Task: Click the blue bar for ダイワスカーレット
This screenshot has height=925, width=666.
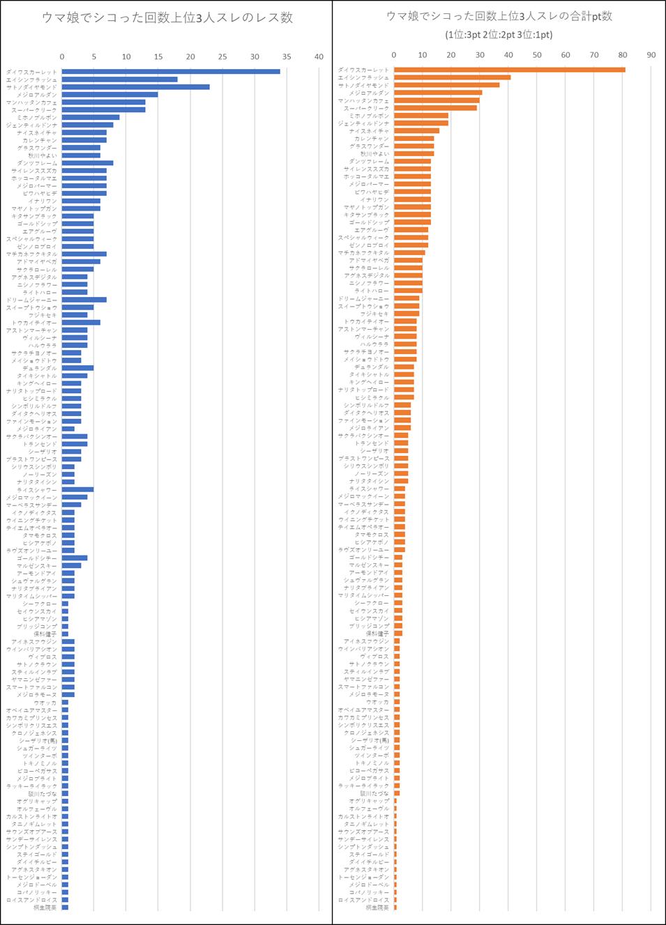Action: [x=171, y=72]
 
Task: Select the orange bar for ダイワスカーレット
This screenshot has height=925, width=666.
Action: [x=509, y=70]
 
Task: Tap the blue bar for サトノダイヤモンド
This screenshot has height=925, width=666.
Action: [x=135, y=87]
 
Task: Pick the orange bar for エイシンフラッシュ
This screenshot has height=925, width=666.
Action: [x=452, y=77]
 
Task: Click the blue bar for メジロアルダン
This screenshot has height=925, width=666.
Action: [x=109, y=95]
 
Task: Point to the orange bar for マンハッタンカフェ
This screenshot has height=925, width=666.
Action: [x=437, y=100]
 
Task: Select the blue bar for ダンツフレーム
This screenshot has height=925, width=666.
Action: [x=87, y=163]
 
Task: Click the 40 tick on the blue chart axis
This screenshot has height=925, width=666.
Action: [x=319, y=56]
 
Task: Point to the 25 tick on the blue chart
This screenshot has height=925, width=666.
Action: [x=222, y=56]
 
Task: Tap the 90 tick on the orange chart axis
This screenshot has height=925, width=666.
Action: [x=651, y=55]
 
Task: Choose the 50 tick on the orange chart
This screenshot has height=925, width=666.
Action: [x=537, y=55]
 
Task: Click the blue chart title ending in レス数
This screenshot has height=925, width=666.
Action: [x=167, y=18]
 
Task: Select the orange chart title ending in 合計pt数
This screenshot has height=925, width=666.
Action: [x=499, y=16]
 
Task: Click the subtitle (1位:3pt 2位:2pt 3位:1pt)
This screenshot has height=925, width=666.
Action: [x=499, y=35]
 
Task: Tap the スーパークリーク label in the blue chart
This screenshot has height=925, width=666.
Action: [x=34, y=110]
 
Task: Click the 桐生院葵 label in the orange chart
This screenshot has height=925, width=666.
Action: [x=377, y=908]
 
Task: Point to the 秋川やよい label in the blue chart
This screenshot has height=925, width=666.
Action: [x=43, y=155]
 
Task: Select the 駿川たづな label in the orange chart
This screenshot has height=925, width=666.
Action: [x=374, y=793]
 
